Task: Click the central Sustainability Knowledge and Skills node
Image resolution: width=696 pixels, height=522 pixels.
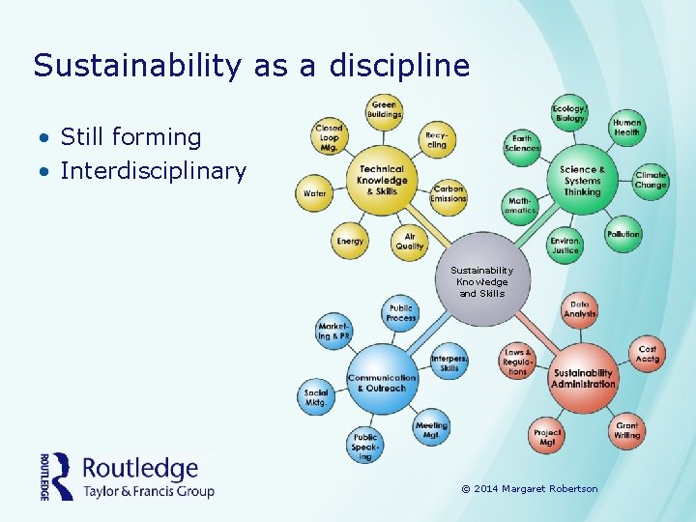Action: [482, 281]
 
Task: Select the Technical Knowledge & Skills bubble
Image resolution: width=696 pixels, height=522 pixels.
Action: [381, 180]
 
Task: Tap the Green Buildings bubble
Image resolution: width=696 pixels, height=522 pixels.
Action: [384, 110]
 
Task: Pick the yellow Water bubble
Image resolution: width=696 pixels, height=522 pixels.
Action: [315, 193]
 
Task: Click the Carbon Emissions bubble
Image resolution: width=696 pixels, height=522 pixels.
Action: [449, 193]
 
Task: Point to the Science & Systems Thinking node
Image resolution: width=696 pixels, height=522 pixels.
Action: [582, 180]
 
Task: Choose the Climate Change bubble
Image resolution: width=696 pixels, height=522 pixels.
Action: [651, 181]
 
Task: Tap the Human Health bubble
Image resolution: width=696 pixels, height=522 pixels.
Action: [626, 127]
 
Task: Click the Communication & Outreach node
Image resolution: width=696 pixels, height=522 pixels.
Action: [382, 382]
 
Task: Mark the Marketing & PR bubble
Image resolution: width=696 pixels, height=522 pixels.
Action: [333, 332]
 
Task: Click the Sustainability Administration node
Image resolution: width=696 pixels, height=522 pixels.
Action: [583, 377]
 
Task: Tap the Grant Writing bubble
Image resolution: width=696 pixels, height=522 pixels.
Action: [626, 430]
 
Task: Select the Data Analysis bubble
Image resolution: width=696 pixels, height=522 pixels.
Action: [580, 308]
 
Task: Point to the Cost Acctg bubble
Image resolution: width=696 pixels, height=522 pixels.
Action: [647, 354]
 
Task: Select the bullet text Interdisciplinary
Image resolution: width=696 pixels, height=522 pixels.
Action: [153, 171]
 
